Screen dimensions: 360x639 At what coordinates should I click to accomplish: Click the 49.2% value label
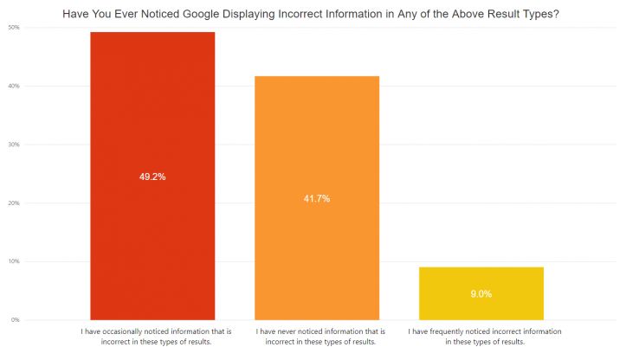point(152,177)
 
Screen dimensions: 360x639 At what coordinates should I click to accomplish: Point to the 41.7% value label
point(316,199)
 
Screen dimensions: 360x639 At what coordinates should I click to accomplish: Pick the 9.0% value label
point(481,294)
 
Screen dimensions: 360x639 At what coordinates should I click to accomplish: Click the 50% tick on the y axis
point(15,28)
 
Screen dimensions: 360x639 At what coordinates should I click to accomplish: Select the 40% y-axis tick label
point(15,87)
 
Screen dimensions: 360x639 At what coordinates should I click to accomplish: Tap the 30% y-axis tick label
point(15,145)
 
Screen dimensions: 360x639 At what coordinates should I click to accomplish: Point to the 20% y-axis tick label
point(15,203)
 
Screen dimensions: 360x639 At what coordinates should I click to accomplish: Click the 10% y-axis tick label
point(15,261)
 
